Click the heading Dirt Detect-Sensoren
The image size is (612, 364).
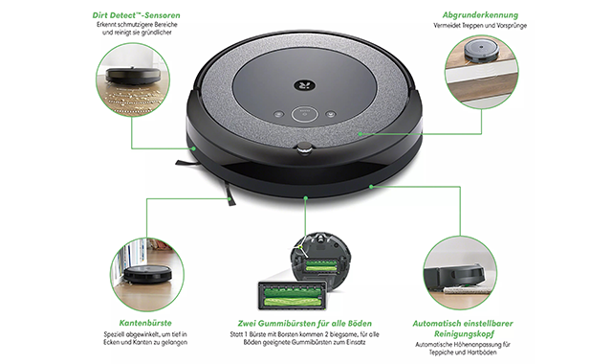pyautogui.click(x=136, y=15)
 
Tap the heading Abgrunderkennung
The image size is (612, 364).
pyautogui.click(x=480, y=15)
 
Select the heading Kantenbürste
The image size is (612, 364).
pyautogui.click(x=145, y=323)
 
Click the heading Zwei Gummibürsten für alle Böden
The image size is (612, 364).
pyautogui.click(x=304, y=324)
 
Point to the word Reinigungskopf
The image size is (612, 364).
pyautogui.click(x=464, y=334)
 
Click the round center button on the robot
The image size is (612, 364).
pyautogui.click(x=305, y=114)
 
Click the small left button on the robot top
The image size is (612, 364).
pyautogui.click(x=278, y=115)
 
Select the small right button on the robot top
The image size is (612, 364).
pyautogui.click(x=331, y=115)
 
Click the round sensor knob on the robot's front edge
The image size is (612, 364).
pyautogui.click(x=305, y=148)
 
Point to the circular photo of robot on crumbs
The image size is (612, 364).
pyautogui.click(x=133, y=80)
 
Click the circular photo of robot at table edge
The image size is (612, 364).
pyautogui.click(x=482, y=72)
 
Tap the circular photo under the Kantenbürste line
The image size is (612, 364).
pyautogui.click(x=146, y=275)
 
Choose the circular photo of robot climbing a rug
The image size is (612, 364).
pyautogui.click(x=460, y=273)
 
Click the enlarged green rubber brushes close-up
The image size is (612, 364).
pyautogui.click(x=293, y=296)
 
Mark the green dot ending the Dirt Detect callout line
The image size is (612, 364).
pyautogui.click(x=193, y=148)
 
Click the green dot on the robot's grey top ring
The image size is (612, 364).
pyautogui.click(x=361, y=134)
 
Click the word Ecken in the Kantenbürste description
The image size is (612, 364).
pyautogui.click(x=112, y=342)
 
